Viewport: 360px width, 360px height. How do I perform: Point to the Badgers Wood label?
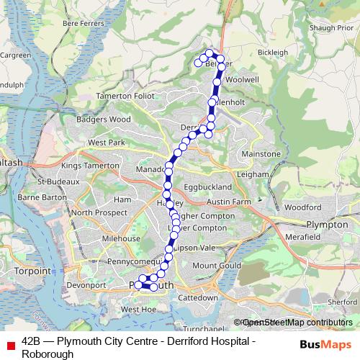pos(105,119)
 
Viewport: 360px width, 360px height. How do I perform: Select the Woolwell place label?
pos(241,78)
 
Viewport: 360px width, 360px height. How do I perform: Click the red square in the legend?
pos(10,346)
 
